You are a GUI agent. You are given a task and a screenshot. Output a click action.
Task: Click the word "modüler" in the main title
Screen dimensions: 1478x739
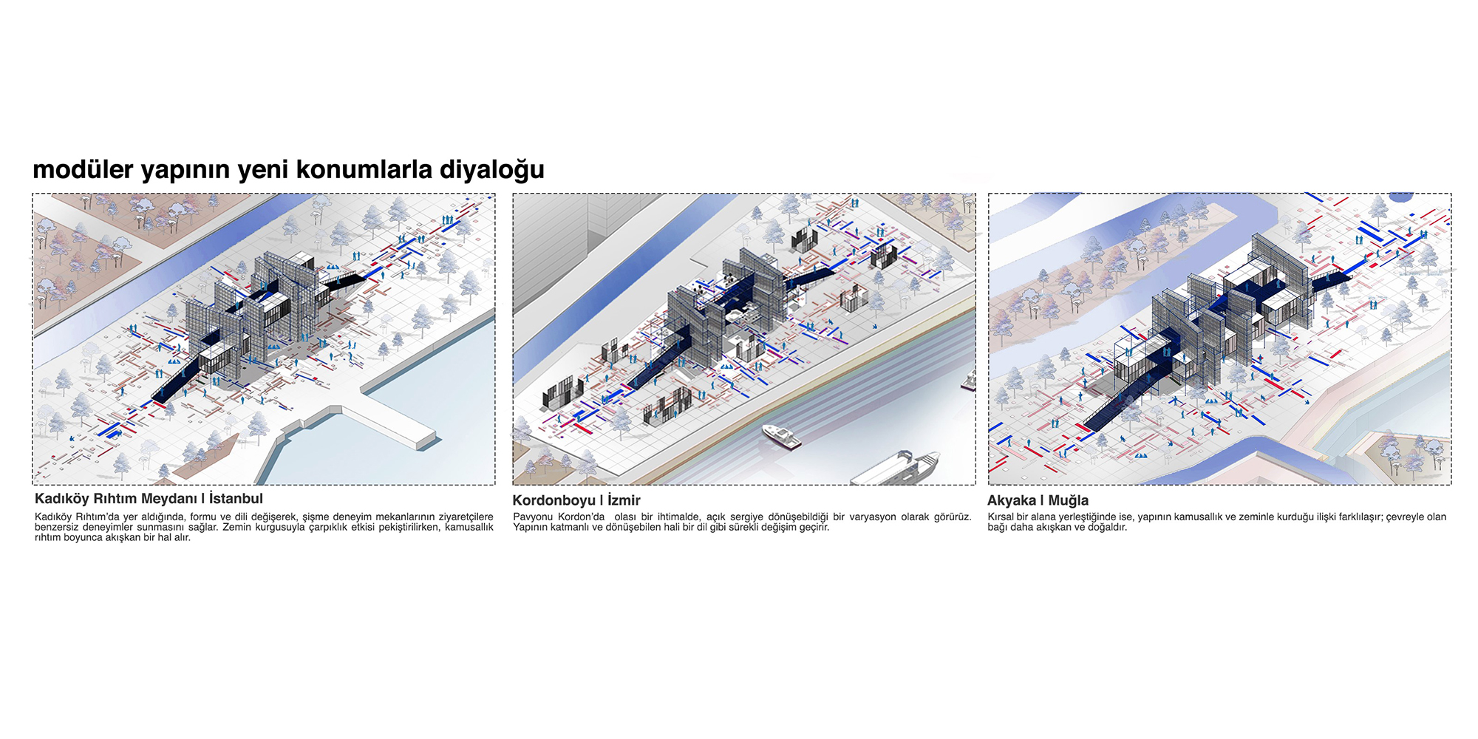84,169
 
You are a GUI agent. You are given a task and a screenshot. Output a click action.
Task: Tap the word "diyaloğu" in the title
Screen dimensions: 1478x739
492,171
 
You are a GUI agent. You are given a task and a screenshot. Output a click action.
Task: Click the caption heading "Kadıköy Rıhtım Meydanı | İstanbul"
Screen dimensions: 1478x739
149,499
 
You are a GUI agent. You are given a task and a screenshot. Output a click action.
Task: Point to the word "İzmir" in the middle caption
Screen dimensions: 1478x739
624,500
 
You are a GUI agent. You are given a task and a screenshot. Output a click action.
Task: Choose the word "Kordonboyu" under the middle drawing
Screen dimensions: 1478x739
554,501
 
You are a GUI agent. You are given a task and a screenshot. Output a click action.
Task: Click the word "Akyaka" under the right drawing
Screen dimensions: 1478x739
1012,501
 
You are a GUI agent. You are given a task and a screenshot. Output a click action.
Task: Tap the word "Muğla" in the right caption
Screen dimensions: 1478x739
1068,501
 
